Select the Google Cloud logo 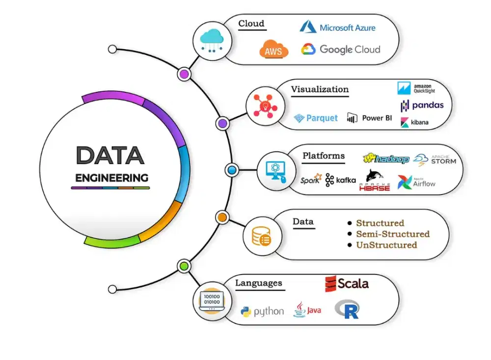(341, 49)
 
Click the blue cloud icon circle (209, 40)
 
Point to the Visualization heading (320, 89)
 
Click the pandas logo (422, 105)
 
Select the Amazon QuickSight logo (416, 88)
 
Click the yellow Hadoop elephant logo (385, 159)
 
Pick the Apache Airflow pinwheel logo (416, 182)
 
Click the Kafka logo (340, 180)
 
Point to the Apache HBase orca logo (374, 180)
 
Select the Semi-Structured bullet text (392, 234)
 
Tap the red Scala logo (347, 283)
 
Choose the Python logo (262, 311)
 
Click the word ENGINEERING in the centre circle (111, 177)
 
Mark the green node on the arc (184, 266)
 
